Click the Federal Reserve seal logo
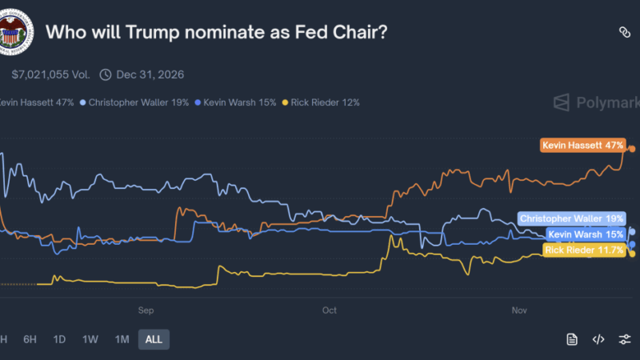[x=15, y=33]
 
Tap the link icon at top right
[x=625, y=32]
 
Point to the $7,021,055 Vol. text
[x=50, y=74]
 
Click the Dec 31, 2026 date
[x=150, y=74]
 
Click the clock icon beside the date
[x=106, y=74]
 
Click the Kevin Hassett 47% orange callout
[x=582, y=146]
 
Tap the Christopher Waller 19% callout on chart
[x=571, y=218]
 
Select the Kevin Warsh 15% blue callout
[x=586, y=234]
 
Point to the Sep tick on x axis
[x=145, y=310]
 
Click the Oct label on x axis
[x=329, y=310]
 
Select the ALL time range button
[x=154, y=339]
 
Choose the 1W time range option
[x=90, y=339]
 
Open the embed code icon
[x=598, y=339]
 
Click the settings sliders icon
[x=625, y=339]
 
